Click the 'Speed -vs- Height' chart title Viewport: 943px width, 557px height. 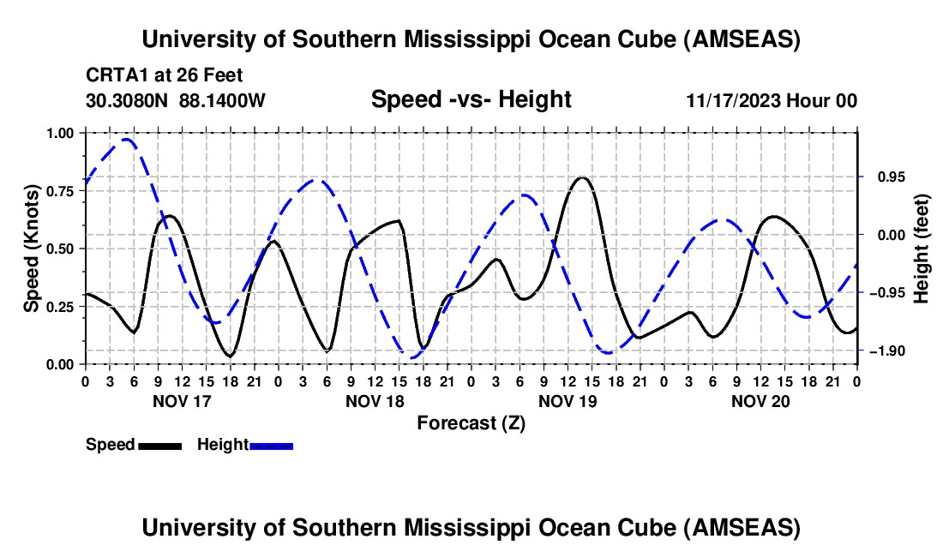471,99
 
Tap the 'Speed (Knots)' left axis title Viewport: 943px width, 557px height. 31,249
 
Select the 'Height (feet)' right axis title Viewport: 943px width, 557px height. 922,249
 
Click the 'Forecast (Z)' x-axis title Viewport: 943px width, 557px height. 471,422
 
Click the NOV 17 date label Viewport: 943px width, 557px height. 182,401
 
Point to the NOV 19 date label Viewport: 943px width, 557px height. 568,401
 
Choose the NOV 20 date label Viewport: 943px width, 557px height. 760,401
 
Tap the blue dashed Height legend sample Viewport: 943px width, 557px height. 271,445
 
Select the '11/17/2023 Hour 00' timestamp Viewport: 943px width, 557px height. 772,100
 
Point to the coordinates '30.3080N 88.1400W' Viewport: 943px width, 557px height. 176,100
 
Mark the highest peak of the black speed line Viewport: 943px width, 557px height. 582,177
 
